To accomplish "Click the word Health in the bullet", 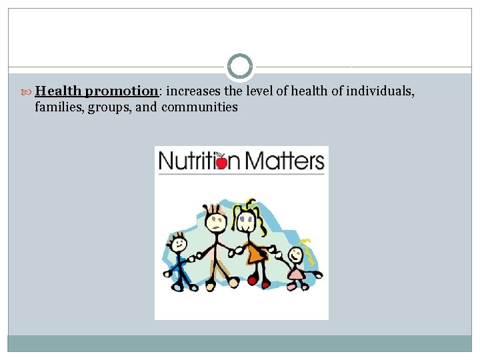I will click(59, 91).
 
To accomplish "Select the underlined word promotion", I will click(121, 91).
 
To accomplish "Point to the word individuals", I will click(380, 91).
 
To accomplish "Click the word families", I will click(56, 107).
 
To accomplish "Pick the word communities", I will click(199, 107).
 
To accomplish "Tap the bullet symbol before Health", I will click(27, 91).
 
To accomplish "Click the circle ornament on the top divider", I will click(240, 67).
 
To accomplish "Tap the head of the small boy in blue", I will click(178, 243).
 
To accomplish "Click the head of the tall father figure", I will click(215, 219).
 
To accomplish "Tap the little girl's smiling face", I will click(294, 254).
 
